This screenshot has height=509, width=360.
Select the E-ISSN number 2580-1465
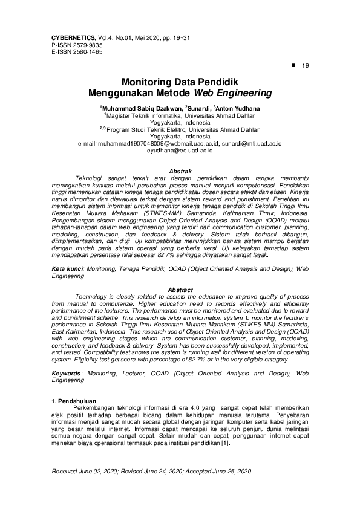[87, 52]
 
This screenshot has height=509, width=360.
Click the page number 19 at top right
[305, 65]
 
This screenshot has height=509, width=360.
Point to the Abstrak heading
[180, 171]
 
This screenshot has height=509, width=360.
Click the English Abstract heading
[180, 290]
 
